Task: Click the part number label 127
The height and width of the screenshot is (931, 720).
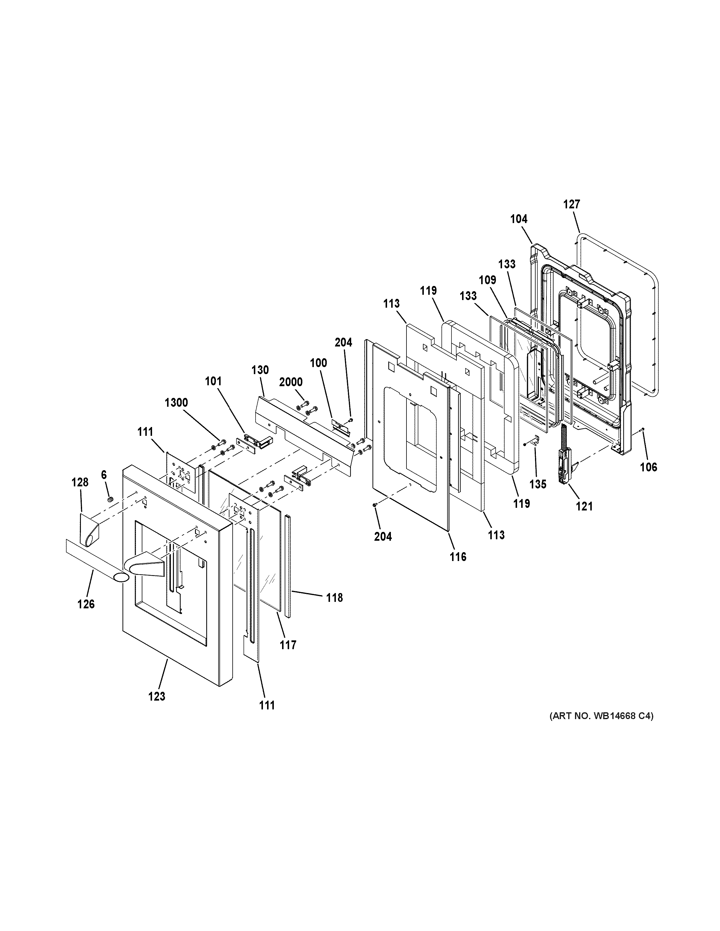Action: pos(571,204)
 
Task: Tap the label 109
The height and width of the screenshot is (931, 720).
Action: pos(488,280)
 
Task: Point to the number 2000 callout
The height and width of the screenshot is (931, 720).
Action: pos(291,382)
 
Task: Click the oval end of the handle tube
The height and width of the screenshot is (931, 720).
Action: pos(120,577)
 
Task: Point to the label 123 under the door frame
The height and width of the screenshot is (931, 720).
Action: pos(156,696)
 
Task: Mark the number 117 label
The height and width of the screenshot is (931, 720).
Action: pos(288,645)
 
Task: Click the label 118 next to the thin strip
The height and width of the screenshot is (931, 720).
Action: pos(335,598)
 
